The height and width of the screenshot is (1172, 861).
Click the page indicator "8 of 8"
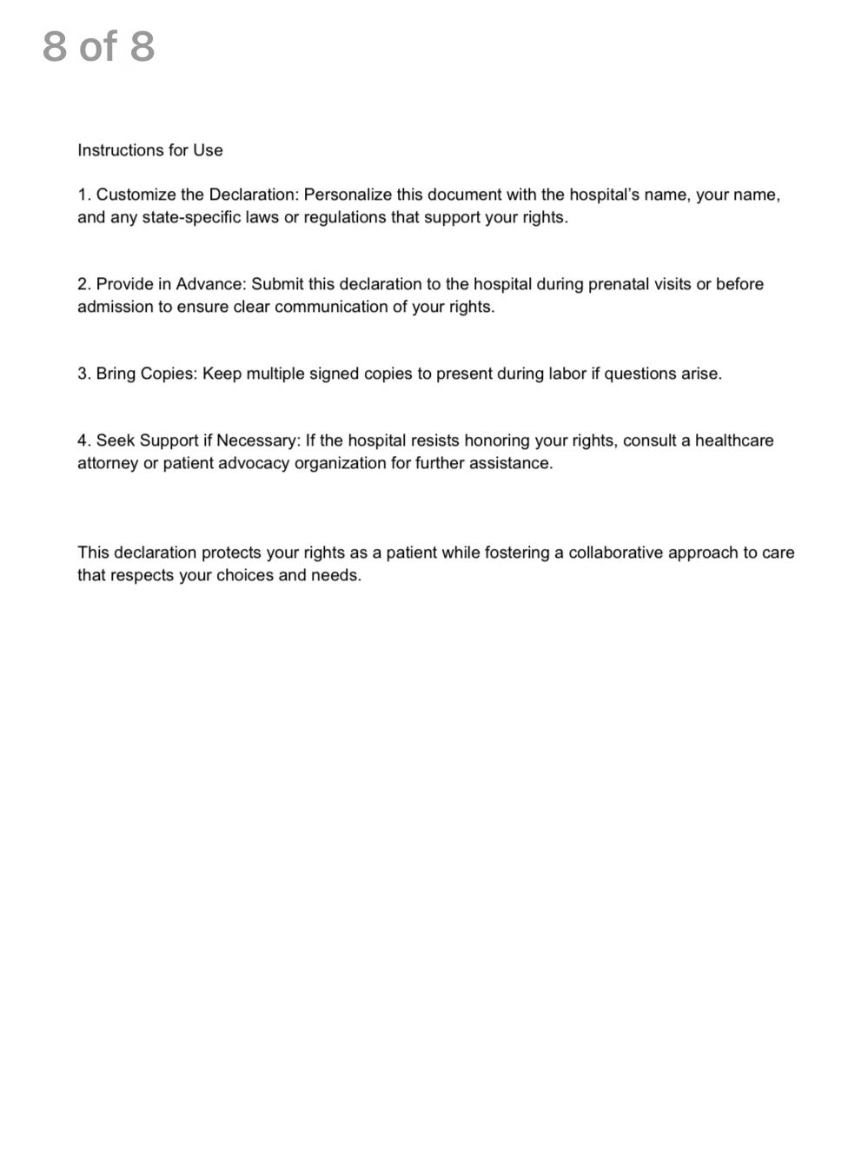[x=98, y=46]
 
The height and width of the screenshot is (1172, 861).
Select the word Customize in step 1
[x=134, y=195]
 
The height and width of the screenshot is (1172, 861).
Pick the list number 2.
[x=83, y=284]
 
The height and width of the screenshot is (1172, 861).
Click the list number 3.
[x=83, y=374]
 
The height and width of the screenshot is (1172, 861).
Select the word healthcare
[x=734, y=440]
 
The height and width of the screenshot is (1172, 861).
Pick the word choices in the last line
[x=245, y=575]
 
